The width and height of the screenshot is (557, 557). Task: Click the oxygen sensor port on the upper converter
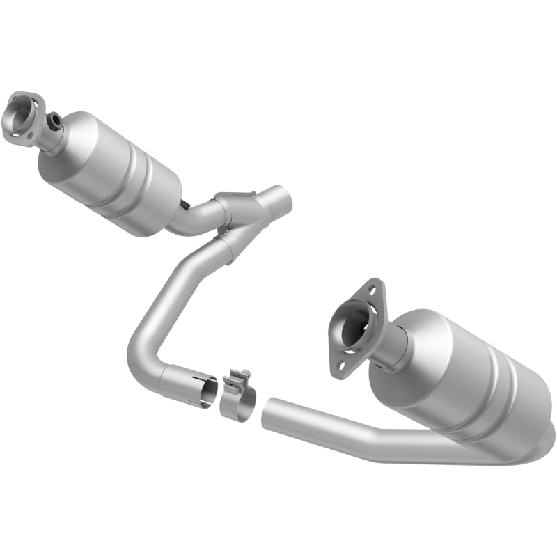point(54,122)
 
